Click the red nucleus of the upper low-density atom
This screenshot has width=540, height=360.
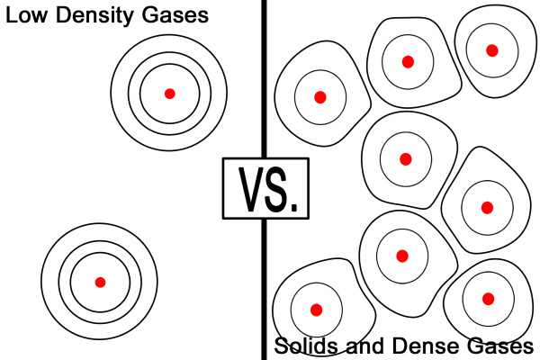tap(169, 94)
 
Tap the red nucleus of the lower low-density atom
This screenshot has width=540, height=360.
tap(101, 282)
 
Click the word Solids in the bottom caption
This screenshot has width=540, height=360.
tap(303, 346)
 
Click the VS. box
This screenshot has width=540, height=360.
tap(265, 188)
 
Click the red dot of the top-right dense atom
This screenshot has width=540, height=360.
tap(492, 50)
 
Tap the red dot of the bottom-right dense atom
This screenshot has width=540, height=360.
tap(489, 299)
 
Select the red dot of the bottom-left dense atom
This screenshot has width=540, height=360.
tap(316, 310)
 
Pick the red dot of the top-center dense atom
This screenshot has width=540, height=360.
tap(408, 62)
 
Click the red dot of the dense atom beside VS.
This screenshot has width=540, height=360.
tap(319, 97)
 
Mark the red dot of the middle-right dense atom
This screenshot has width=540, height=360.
tap(487, 207)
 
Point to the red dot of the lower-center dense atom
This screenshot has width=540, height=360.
tap(402, 256)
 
